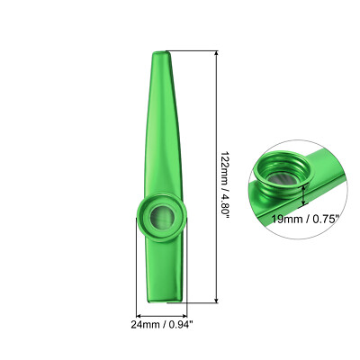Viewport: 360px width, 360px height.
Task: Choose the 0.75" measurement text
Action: (325, 217)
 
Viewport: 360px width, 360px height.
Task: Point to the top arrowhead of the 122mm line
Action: (217, 53)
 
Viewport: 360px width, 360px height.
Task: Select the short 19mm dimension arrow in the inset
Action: (306, 192)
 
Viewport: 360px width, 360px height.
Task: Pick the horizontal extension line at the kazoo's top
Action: (193, 49)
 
